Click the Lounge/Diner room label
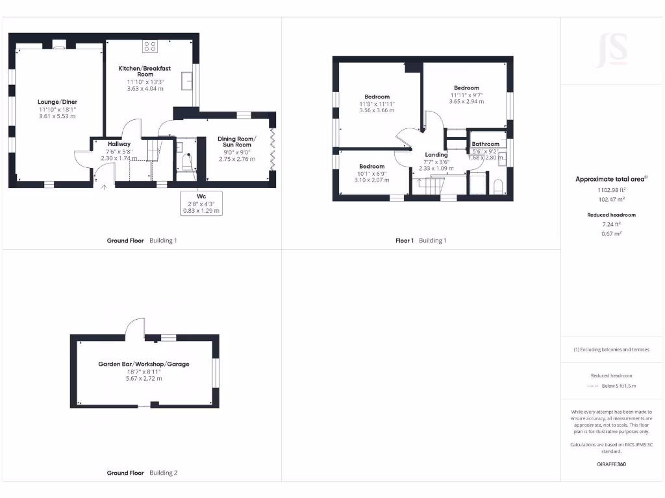coord(57,102)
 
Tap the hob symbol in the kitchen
coord(150,47)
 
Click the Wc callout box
coord(201,202)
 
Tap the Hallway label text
coord(119,144)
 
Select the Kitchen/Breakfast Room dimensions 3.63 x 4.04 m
coord(145,88)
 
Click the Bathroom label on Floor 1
coord(485,144)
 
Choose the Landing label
coord(436,154)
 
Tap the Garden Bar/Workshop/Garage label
coord(144,364)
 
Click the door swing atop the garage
coord(135,327)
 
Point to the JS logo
coord(611,50)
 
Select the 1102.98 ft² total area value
coord(611,191)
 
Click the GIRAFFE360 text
coord(611,464)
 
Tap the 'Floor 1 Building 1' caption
coord(421,241)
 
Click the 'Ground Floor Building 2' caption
coord(142,473)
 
